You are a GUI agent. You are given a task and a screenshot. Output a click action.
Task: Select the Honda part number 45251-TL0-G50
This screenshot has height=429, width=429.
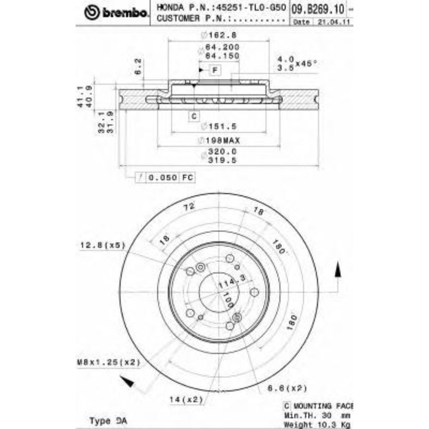251,8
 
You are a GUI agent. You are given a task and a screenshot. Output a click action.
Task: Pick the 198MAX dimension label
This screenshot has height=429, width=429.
219,140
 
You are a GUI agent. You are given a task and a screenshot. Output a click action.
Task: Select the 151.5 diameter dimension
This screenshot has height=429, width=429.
218,126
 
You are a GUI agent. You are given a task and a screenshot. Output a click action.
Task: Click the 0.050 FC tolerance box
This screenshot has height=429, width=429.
164,177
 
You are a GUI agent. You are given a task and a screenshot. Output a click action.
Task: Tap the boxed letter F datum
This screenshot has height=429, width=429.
214,70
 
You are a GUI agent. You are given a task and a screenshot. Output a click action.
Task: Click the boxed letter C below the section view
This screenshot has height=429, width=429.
192,116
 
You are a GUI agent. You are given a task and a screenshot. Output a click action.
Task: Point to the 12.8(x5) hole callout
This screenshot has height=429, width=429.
102,245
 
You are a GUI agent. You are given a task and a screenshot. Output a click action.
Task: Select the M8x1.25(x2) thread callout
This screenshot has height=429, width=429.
108,362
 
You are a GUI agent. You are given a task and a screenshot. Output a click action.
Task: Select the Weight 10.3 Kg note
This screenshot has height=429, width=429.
325,424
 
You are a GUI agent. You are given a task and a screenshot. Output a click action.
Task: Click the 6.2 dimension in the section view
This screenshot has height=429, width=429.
138,65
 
